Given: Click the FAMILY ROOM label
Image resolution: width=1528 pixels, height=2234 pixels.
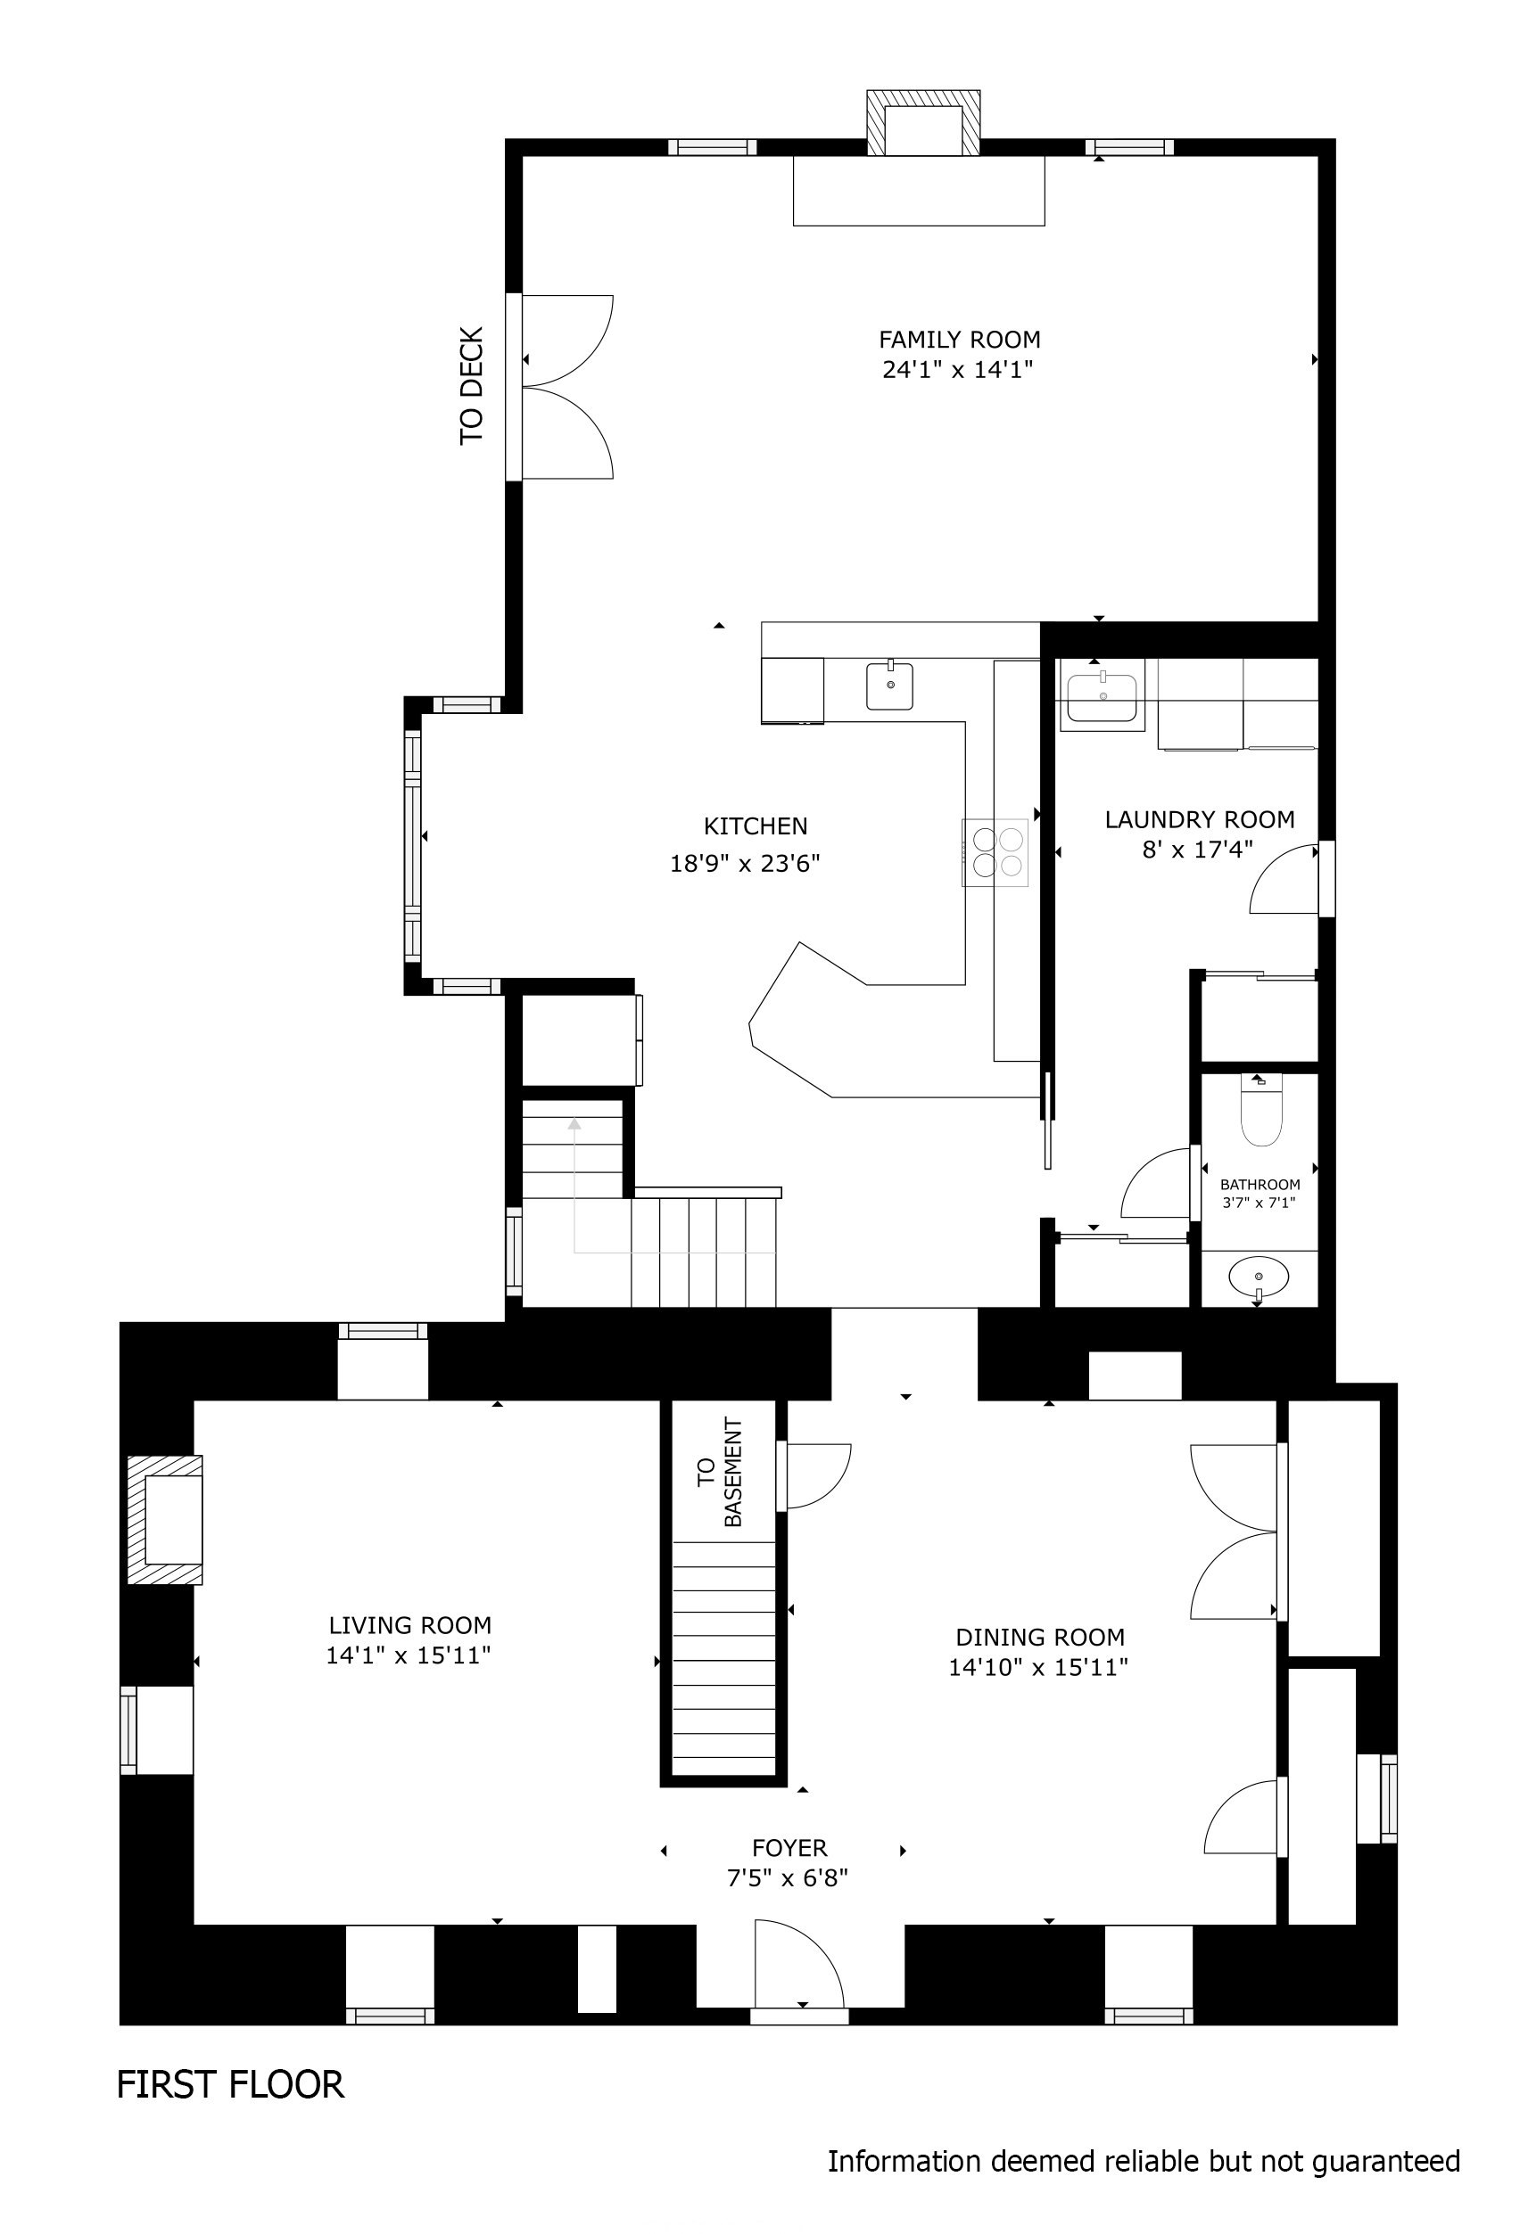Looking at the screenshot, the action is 959,340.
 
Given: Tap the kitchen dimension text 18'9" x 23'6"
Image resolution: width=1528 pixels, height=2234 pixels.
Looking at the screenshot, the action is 744,863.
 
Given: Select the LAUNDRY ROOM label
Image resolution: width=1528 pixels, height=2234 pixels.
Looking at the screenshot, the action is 1199,820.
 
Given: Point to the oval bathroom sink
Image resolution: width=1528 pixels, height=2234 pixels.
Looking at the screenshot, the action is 1259,1277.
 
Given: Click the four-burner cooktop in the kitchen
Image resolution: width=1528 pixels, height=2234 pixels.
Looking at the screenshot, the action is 995,851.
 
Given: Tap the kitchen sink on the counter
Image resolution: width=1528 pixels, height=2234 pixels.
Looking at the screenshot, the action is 889,686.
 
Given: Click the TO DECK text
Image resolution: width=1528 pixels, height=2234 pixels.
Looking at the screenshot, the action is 471,385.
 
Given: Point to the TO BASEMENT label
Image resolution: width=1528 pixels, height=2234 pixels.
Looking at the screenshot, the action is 719,1472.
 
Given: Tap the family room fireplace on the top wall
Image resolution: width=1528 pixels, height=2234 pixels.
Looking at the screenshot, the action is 923,123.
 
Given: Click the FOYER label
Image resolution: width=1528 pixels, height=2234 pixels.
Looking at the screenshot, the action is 789,1848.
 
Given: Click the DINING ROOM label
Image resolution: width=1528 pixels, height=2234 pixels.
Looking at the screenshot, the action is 1039,1637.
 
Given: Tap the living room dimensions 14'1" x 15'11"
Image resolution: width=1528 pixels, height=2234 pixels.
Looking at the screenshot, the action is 409,1655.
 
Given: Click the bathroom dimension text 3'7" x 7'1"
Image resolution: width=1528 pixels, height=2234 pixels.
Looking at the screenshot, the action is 1259,1202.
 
